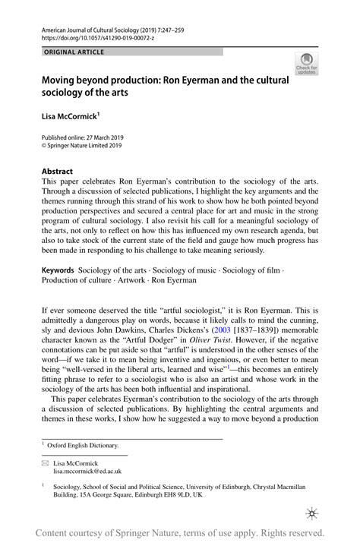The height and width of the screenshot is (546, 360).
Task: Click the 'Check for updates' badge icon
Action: [307, 65]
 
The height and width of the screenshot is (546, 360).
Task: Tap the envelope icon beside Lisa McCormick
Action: [44, 462]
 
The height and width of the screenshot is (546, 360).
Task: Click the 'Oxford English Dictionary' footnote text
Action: [86, 445]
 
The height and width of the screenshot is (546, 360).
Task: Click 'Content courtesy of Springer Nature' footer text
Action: [114, 533]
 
